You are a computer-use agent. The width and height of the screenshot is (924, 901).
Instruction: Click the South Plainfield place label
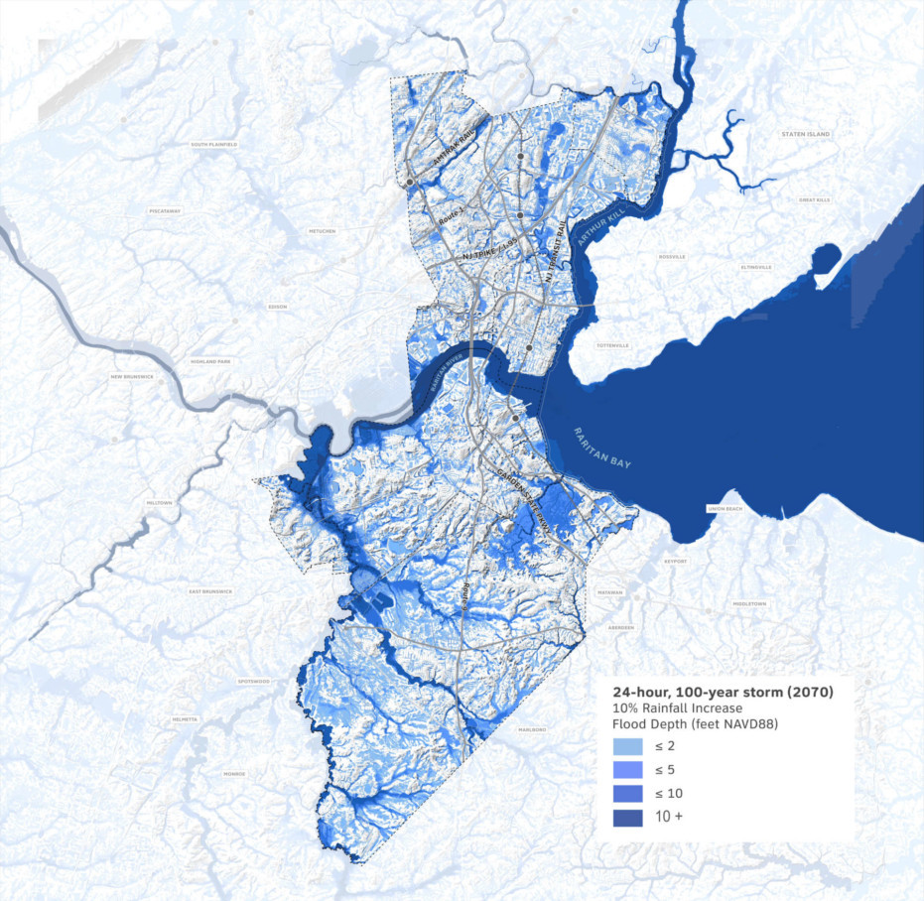pos(214,145)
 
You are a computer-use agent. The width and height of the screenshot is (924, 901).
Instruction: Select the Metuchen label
pos(322,231)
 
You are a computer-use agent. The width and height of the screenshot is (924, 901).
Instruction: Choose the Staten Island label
pos(805,133)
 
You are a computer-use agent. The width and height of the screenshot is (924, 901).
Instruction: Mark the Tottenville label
pos(612,345)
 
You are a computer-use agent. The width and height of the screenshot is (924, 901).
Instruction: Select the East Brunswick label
pos(210,591)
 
